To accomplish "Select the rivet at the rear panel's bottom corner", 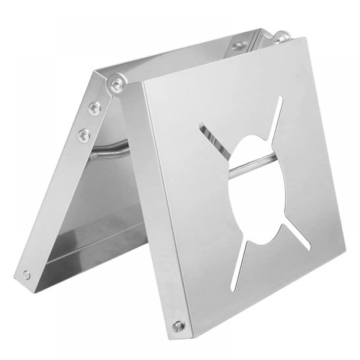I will [x=26, y=274].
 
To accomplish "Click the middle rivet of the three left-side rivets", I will [x=94, y=107].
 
